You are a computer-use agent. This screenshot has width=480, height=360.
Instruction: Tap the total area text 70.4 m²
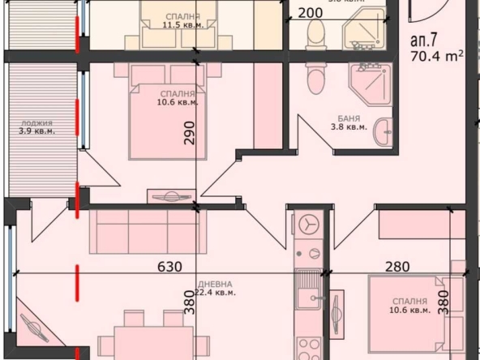(x=437, y=57)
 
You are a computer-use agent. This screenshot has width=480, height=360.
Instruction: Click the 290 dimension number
(x=190, y=132)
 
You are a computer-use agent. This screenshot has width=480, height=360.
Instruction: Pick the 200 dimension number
(x=310, y=13)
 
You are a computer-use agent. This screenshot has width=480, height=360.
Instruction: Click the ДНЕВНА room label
(x=215, y=285)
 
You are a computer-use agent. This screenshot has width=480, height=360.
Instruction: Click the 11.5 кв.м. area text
(x=182, y=25)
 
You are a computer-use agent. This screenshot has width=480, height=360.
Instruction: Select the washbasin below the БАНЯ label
(x=382, y=135)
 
